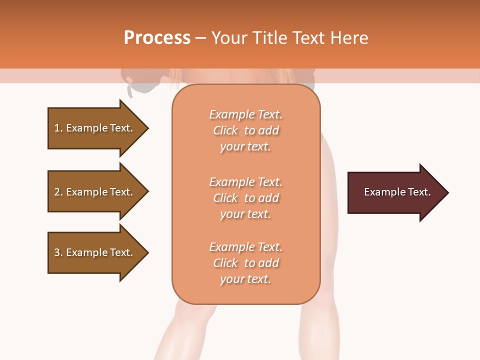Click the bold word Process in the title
[x=157, y=38]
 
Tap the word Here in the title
[x=348, y=38]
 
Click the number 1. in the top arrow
[x=58, y=128]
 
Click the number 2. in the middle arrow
[x=58, y=192]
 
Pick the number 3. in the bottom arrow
[x=58, y=252]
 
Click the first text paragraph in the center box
[x=245, y=130]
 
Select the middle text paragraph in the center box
[x=245, y=198]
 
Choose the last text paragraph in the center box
[x=245, y=263]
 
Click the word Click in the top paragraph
[x=225, y=130]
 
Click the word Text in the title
[x=308, y=38]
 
